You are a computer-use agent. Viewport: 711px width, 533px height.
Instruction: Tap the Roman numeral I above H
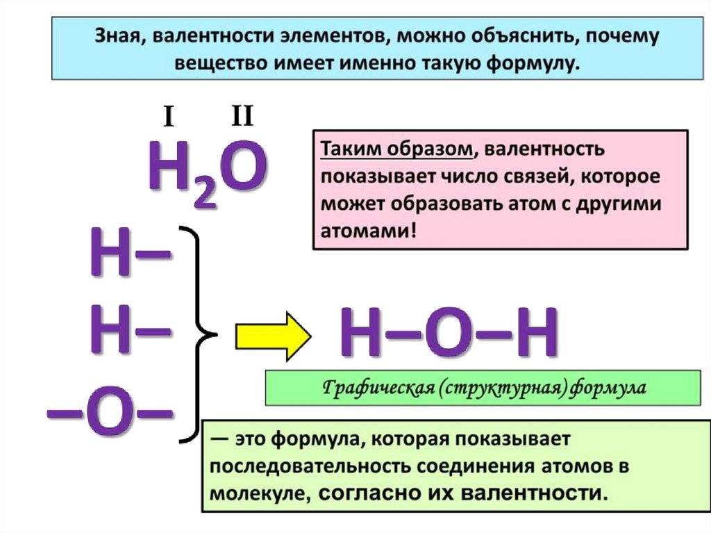tap(168, 120)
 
